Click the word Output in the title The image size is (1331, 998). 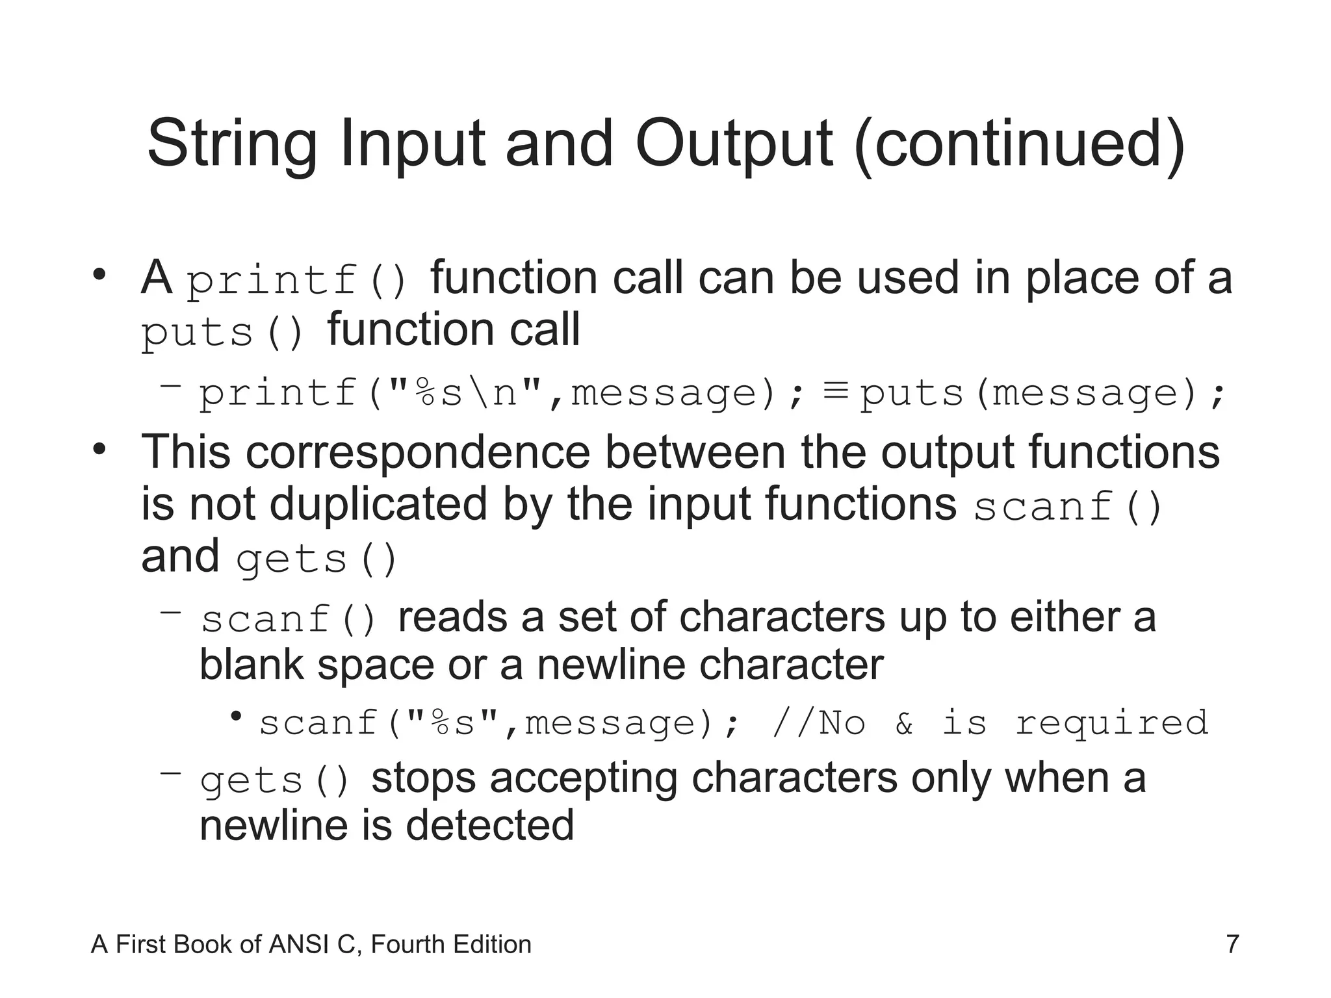[x=734, y=144]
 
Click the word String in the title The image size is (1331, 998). [x=232, y=144]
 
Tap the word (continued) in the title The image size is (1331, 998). [x=1020, y=144]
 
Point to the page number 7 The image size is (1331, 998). [x=1232, y=944]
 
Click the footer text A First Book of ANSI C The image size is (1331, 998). [x=311, y=944]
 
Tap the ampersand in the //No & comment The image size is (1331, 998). [x=904, y=723]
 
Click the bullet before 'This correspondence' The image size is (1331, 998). [x=99, y=448]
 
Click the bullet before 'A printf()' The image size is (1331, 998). [x=99, y=274]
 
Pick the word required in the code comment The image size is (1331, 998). [x=1111, y=723]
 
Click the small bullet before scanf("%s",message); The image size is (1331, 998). [x=236, y=717]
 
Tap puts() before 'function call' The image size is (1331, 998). [x=223, y=333]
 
